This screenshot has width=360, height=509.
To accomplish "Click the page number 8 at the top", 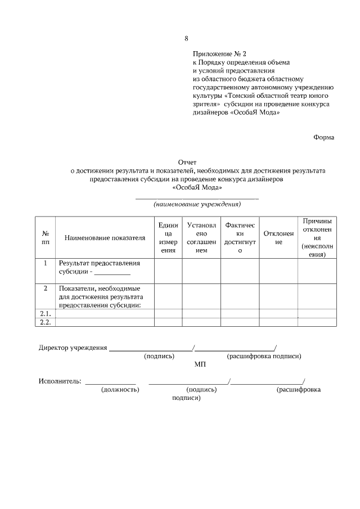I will (x=186, y=38).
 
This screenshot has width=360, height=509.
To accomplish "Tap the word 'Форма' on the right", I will (x=323, y=137).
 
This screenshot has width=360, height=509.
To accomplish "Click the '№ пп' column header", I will (x=45, y=238).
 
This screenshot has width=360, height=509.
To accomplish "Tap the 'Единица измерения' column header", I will (x=168, y=238).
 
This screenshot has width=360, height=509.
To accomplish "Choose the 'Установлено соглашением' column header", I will (x=201, y=238).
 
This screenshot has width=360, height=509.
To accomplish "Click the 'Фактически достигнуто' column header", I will (x=240, y=238).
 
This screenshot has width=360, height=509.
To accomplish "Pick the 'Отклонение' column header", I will (x=278, y=238).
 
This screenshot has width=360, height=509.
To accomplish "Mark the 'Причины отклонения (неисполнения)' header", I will (x=317, y=238).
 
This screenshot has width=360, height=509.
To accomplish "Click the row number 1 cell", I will (x=45, y=263).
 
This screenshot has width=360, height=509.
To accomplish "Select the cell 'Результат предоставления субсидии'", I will (x=98, y=267).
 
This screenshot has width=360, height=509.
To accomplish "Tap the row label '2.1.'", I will (x=45, y=313).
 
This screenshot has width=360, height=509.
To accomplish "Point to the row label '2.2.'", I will (x=45, y=322).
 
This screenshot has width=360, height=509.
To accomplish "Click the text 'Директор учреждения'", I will (x=73, y=348).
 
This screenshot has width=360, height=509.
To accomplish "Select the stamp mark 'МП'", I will (x=200, y=364).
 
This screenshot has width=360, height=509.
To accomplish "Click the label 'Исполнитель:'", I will (x=60, y=381).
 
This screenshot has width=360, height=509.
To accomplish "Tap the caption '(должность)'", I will (x=120, y=389).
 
